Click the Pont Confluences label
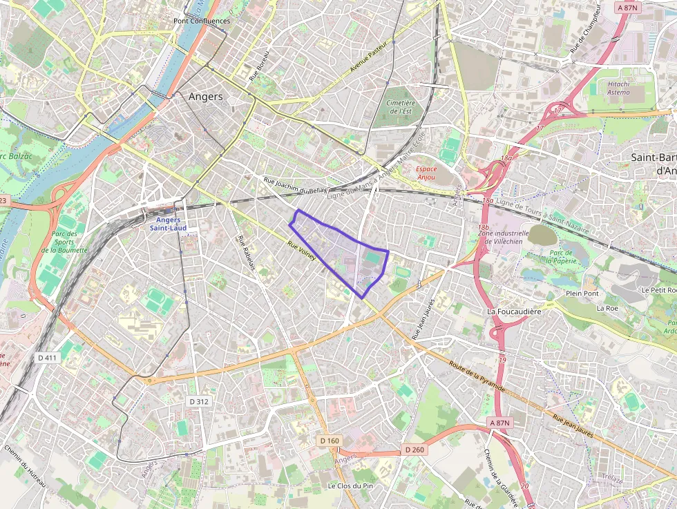(x=202, y=21)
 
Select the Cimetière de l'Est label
(x=401, y=106)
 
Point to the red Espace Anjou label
(x=426, y=173)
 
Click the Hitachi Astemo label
(x=618, y=88)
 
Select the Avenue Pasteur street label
(x=368, y=57)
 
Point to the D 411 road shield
(x=48, y=358)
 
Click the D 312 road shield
(x=198, y=401)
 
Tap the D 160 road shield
(x=330, y=440)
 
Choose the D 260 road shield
(x=414, y=450)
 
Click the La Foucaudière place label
(x=514, y=311)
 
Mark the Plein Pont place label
(x=582, y=294)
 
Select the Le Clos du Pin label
(x=350, y=486)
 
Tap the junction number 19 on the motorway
(x=502, y=360)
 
